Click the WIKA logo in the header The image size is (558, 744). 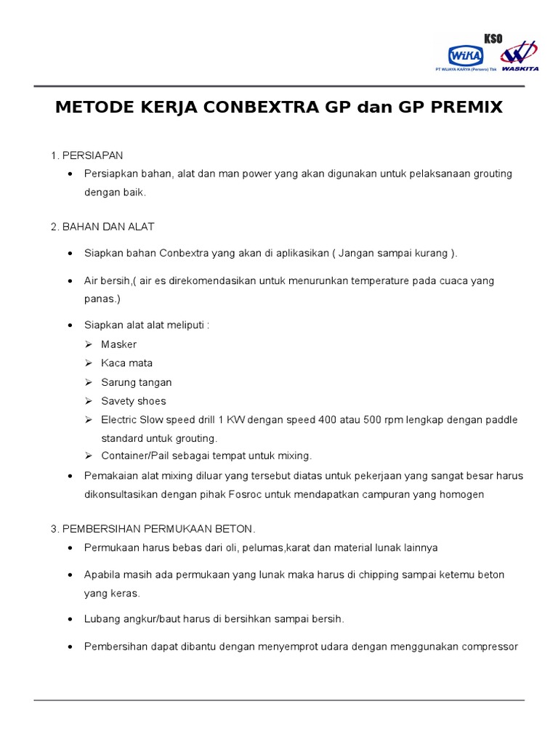(x=461, y=55)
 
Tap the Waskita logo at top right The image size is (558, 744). (x=519, y=56)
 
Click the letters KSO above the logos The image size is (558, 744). (x=493, y=39)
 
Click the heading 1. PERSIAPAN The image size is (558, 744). (x=86, y=155)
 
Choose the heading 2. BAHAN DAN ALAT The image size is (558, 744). (x=102, y=227)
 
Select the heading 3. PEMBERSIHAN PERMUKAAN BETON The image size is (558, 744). (x=153, y=528)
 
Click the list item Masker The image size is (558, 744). (x=118, y=344)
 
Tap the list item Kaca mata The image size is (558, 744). (x=126, y=363)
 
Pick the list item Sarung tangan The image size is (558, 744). (x=136, y=382)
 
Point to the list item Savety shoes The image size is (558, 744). (x=133, y=401)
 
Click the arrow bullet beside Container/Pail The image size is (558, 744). (x=88, y=456)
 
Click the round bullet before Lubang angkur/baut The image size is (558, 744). (x=70, y=620)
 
